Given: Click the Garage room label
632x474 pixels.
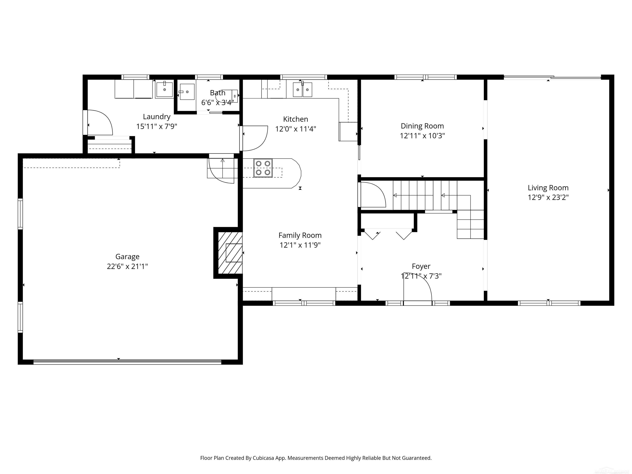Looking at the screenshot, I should tap(127, 257).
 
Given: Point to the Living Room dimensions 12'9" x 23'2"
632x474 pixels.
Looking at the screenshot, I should tap(548, 197).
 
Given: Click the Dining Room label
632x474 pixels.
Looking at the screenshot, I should tap(422, 126).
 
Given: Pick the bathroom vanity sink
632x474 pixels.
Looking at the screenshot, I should tap(187, 92).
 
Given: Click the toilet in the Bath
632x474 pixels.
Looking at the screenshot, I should tap(229, 96).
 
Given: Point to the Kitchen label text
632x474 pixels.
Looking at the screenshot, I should tap(295, 119).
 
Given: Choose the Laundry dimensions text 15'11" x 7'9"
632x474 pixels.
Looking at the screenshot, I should tap(157, 126).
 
